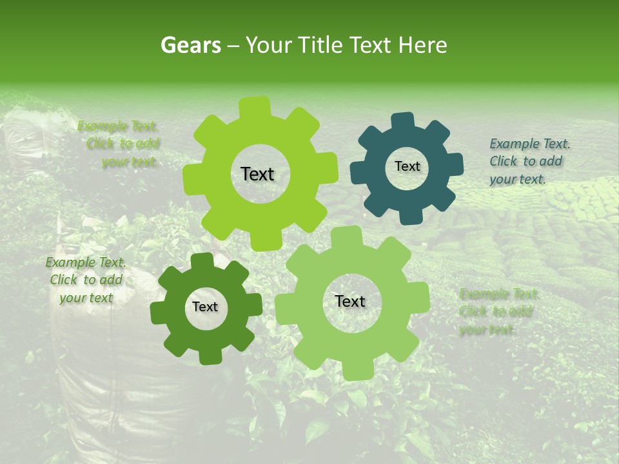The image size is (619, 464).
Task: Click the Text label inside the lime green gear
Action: pos(257,174)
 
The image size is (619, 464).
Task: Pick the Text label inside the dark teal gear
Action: pos(407,166)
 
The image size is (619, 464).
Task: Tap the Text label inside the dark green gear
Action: pos(205,307)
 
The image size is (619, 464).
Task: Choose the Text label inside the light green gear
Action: pos(350,301)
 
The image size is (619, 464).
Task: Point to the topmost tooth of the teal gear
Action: pos(403,121)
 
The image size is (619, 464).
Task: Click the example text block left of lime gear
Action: pos(120,144)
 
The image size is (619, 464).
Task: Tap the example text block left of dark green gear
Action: pos(86,280)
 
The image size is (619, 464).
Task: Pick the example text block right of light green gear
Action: pos(498,312)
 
